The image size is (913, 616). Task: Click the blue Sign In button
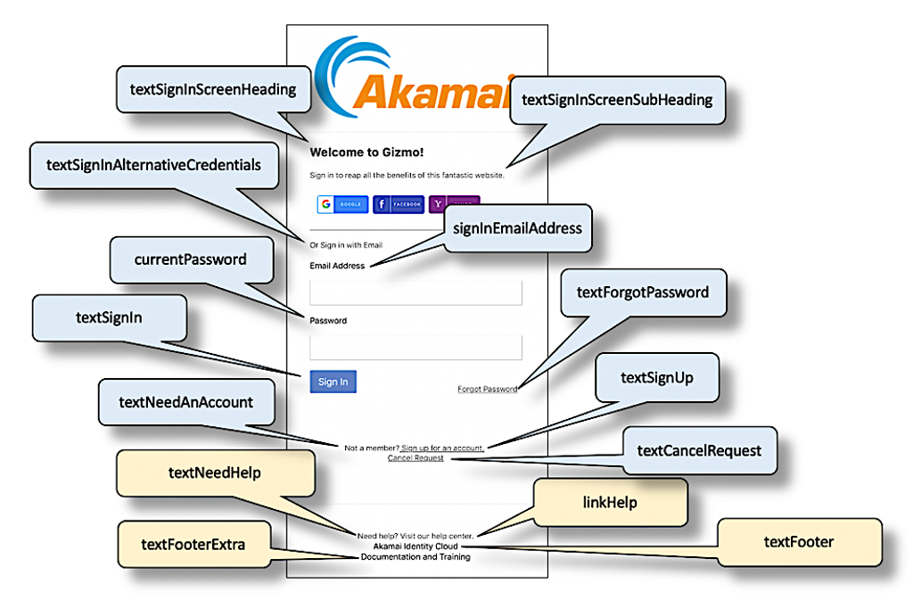coord(333,382)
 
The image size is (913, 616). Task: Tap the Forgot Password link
coord(487,389)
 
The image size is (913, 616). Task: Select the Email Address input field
coord(415,292)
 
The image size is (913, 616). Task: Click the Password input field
coord(415,348)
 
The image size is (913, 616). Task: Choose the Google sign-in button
coord(342,204)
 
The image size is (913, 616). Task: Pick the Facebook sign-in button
coord(398,204)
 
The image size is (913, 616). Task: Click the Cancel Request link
coord(415,458)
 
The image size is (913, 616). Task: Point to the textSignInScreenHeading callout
coord(213,88)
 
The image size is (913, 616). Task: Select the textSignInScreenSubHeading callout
coord(616,100)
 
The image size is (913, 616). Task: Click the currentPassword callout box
coord(190,259)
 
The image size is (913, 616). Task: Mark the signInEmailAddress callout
coord(517,228)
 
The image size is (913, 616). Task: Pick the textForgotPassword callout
coord(642,292)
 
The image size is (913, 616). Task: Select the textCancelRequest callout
coord(699,450)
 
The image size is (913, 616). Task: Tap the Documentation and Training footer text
coord(415,557)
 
